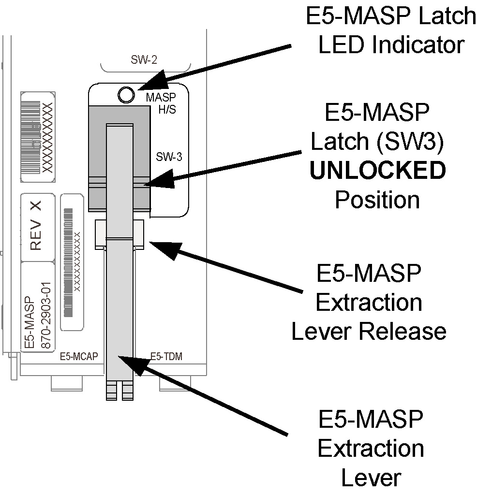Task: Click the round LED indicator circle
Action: point(126,95)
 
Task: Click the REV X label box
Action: point(37,226)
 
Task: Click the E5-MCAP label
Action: point(79,357)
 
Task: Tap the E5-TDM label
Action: point(162,357)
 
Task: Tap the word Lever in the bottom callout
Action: point(371,477)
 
